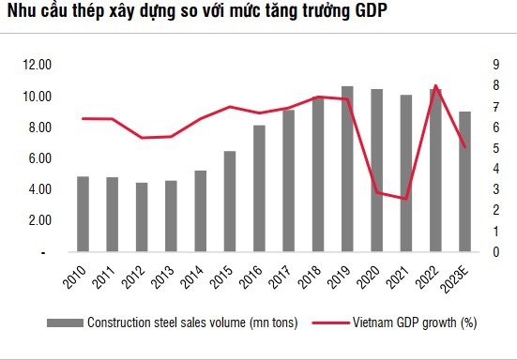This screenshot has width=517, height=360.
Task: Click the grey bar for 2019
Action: coord(347,170)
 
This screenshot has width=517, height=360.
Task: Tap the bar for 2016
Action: coord(259,188)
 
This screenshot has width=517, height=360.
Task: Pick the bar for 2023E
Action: coord(464,182)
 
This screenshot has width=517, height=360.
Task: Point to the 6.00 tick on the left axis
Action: coord(40,158)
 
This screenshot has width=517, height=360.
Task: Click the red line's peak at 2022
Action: coord(435,86)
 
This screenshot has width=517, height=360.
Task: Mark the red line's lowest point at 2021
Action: coord(405,199)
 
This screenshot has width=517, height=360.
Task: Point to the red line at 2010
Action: coord(84,118)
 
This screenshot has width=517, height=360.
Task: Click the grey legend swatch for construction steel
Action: coord(65,323)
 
